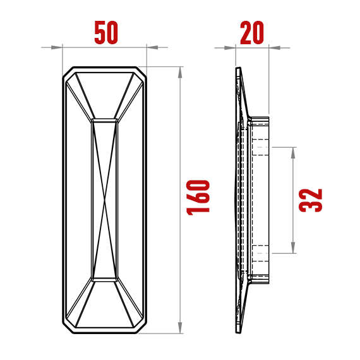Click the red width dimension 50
point(106,33)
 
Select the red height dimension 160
point(199,198)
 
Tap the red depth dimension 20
point(252,33)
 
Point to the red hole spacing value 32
point(311,200)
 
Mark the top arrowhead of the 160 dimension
point(181,72)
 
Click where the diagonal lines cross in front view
point(105,200)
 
